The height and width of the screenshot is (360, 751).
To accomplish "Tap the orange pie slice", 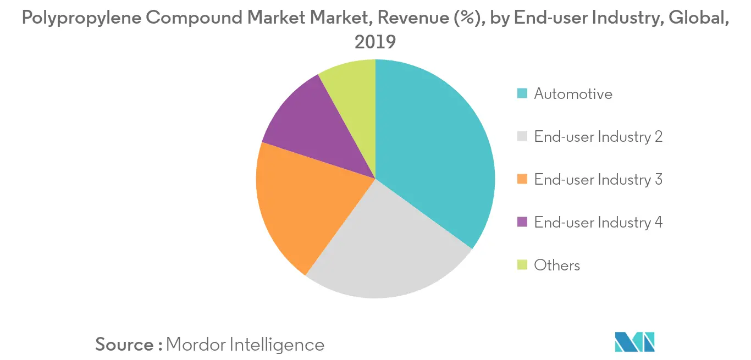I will [x=302, y=203].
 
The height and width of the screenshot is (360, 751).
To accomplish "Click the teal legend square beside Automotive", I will [x=522, y=94].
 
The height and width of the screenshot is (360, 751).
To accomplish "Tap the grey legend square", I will [x=522, y=137].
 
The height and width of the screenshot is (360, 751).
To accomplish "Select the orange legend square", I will [x=522, y=180].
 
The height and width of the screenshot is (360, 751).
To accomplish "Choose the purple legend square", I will [x=522, y=223].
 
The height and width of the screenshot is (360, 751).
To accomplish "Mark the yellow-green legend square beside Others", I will [x=522, y=265].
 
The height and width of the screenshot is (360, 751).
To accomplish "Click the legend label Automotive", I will [x=573, y=94].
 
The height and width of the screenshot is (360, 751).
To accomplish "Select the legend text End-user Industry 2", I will [x=598, y=137].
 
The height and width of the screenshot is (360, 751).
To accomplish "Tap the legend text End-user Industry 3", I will [x=598, y=180].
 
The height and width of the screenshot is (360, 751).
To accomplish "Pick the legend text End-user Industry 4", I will [x=598, y=223].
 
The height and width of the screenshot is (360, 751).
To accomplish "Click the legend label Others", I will [x=557, y=265].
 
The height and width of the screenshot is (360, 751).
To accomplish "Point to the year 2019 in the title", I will [x=375, y=42].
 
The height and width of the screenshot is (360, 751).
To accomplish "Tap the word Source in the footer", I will [x=125, y=345].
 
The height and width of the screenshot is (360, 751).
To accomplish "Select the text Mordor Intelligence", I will [x=245, y=345].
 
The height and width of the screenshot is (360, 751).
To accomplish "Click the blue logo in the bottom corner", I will [x=635, y=341].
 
